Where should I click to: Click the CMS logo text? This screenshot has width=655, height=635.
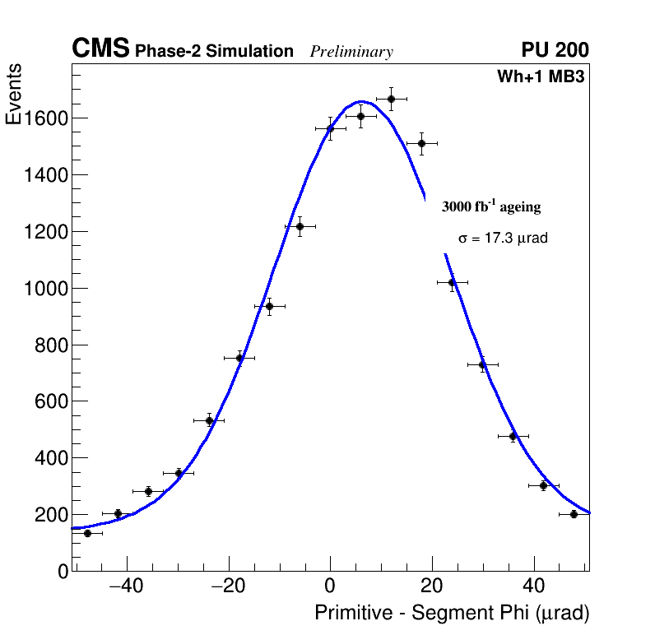(100, 49)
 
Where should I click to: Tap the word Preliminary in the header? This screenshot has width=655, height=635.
(351, 53)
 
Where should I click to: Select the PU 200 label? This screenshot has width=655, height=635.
(555, 50)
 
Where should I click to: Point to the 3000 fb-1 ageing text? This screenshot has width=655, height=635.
(491, 207)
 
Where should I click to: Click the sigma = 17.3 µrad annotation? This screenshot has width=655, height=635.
(503, 239)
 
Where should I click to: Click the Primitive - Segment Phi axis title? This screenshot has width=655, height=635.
(452, 614)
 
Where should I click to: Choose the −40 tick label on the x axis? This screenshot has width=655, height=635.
(126, 587)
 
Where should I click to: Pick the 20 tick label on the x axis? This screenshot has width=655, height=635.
(432, 587)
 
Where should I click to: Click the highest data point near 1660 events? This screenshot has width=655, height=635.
(391, 99)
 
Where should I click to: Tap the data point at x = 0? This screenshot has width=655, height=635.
(330, 128)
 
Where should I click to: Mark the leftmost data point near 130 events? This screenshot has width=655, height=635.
(87, 533)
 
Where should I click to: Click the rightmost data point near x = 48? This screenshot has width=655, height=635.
(574, 514)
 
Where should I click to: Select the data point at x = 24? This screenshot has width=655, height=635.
(452, 282)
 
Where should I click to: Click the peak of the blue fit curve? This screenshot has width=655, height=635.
(360, 102)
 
